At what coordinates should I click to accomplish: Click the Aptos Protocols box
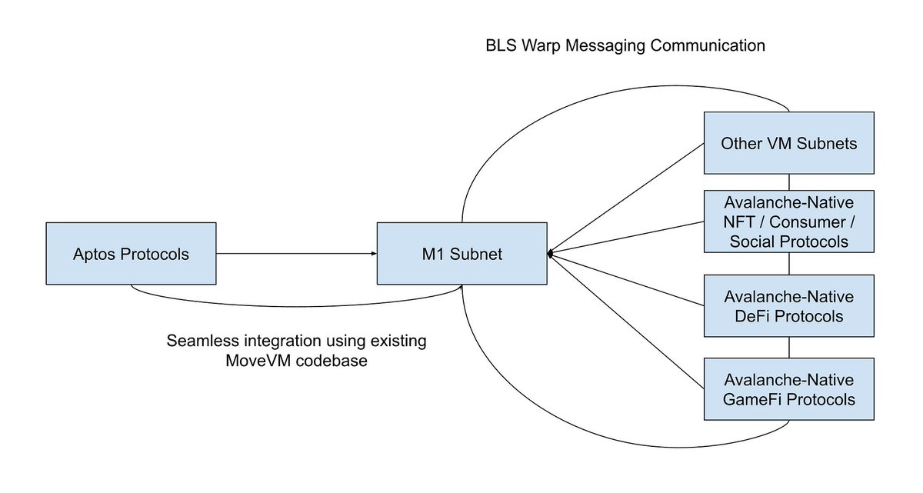coord(131,254)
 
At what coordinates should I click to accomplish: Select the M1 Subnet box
coord(462,254)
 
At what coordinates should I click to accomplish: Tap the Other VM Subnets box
coord(789,143)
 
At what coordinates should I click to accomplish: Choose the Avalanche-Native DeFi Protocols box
coord(789,306)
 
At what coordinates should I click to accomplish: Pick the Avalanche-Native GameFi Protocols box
coord(789,389)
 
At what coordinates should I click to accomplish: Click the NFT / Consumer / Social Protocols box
coord(789,222)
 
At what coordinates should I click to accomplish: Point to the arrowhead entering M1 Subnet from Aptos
coord(374,254)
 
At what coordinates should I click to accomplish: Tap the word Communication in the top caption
coord(708,45)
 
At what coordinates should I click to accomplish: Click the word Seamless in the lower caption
coord(203,341)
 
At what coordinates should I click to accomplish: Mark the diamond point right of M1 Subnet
coord(550,254)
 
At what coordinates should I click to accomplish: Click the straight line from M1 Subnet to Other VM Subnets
coord(627,198)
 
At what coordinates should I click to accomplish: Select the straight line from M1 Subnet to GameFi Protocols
coord(627,321)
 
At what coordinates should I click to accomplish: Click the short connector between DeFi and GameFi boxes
coord(789,348)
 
